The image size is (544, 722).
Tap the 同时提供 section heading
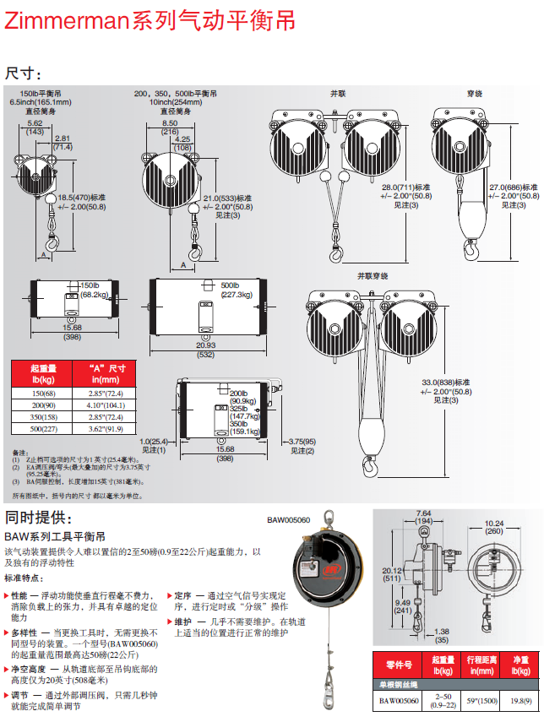[39, 517]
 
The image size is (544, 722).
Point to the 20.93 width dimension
[205, 345]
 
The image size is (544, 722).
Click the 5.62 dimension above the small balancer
[35, 123]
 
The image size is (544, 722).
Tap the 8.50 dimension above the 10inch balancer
[169, 123]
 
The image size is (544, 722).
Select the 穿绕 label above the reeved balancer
[475, 93]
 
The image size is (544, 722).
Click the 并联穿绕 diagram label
[373, 276]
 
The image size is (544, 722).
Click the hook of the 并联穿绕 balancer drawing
[370, 463]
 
